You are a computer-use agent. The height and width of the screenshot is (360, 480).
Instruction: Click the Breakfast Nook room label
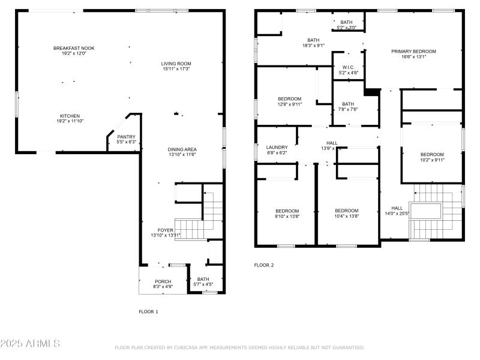(x=74, y=51)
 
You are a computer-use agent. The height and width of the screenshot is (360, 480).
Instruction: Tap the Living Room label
(x=176, y=66)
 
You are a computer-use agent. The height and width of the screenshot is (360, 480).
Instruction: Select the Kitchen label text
(x=70, y=119)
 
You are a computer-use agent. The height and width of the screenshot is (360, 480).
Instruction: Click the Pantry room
(x=126, y=139)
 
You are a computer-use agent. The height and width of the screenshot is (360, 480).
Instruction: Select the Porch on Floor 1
(x=163, y=284)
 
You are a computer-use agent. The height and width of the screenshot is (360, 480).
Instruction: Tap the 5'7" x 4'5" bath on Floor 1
(x=203, y=281)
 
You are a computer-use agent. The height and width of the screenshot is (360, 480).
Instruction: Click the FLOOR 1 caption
(x=148, y=311)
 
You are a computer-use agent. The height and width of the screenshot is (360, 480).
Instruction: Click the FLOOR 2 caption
(x=264, y=265)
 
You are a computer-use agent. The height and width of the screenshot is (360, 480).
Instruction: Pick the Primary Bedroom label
(x=413, y=54)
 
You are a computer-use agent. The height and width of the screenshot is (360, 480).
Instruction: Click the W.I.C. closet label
(x=348, y=70)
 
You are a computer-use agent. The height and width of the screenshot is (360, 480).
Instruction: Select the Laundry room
(x=277, y=150)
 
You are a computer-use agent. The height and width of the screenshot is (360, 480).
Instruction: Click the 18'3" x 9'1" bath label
(x=313, y=43)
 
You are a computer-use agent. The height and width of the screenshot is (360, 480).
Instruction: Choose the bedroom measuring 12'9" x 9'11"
(x=289, y=101)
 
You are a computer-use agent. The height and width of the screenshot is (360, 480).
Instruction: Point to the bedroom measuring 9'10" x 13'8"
(x=287, y=214)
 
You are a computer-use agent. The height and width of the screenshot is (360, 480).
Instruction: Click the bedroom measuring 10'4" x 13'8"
(x=346, y=214)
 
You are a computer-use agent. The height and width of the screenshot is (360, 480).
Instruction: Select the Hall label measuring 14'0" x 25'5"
(x=397, y=211)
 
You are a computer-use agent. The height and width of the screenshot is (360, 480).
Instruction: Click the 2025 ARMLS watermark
(x=30, y=344)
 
